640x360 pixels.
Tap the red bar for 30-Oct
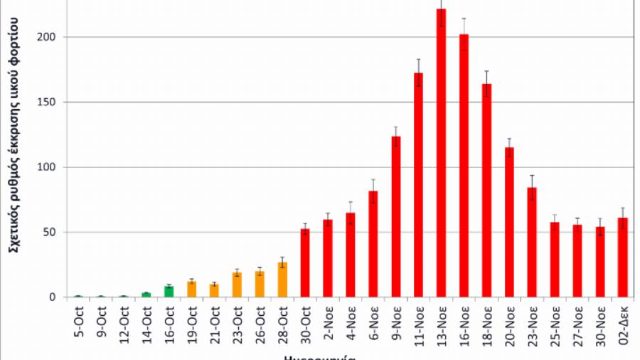[x=305, y=263]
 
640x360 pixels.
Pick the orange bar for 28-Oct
[x=282, y=280]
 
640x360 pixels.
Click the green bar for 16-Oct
[x=169, y=292]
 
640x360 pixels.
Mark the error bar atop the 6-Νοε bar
[x=373, y=186]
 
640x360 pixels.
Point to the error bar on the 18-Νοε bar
[x=486, y=79]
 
